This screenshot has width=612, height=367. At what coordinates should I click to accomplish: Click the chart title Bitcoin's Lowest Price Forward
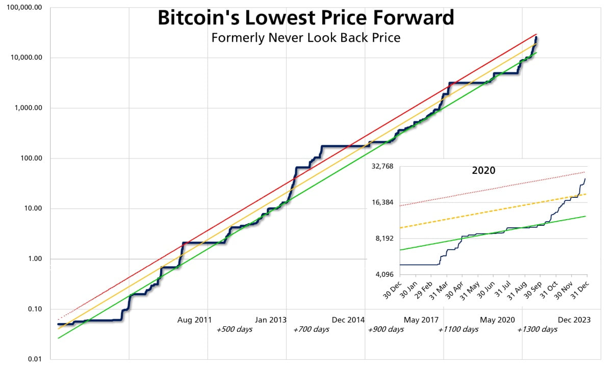tap(305, 18)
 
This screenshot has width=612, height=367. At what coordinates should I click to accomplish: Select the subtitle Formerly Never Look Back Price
tap(305, 38)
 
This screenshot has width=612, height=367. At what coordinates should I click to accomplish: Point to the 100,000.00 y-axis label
tap(24, 8)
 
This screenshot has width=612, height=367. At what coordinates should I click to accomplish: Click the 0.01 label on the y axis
tap(34, 359)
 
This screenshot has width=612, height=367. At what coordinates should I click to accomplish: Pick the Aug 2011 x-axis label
tap(194, 320)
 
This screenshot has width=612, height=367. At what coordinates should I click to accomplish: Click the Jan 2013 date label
tap(271, 320)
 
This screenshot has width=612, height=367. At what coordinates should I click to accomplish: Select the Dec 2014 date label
tap(349, 320)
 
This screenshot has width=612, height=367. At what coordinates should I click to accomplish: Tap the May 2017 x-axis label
tap(421, 320)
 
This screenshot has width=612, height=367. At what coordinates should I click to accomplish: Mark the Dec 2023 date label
tap(574, 320)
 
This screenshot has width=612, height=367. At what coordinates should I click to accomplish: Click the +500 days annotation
tap(235, 329)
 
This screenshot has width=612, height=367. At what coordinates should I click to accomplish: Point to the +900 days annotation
tap(386, 329)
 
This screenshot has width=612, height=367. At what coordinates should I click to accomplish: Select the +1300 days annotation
tap(537, 329)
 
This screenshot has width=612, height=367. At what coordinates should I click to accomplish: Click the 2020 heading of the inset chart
tap(483, 170)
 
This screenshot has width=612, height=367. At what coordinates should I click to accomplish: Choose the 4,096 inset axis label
tap(385, 274)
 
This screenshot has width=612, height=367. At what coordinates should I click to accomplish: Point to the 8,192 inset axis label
tap(385, 239)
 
